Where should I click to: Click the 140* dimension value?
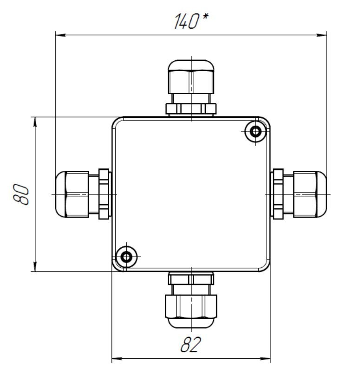pyautogui.click(x=191, y=21)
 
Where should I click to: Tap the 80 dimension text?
pyautogui.click(x=21, y=194)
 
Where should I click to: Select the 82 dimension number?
pyautogui.click(x=191, y=344)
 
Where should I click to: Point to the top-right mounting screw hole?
pyautogui.click(x=255, y=131)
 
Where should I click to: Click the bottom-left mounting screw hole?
pyautogui.click(x=126, y=257)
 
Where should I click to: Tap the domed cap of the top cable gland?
pyautogui.click(x=191, y=65)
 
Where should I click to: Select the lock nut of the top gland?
pyautogui.click(x=191, y=109)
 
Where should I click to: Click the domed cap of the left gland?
pyautogui.click(x=60, y=194)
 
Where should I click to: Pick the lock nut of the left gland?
pyautogui.click(x=104, y=194)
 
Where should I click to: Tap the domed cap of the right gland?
pyautogui.click(x=321, y=194)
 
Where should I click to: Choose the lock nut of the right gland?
pyautogui.click(x=278, y=194)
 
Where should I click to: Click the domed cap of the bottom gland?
pyautogui.click(x=191, y=323)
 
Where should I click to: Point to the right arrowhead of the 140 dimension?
pyautogui.click(x=321, y=35)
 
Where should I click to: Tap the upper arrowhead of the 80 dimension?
pyautogui.click(x=35, y=122)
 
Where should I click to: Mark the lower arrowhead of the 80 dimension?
pyautogui.click(x=35, y=266)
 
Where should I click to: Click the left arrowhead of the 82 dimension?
pyautogui.click(x=117, y=359)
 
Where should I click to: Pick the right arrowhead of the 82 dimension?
pyautogui.click(x=265, y=359)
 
